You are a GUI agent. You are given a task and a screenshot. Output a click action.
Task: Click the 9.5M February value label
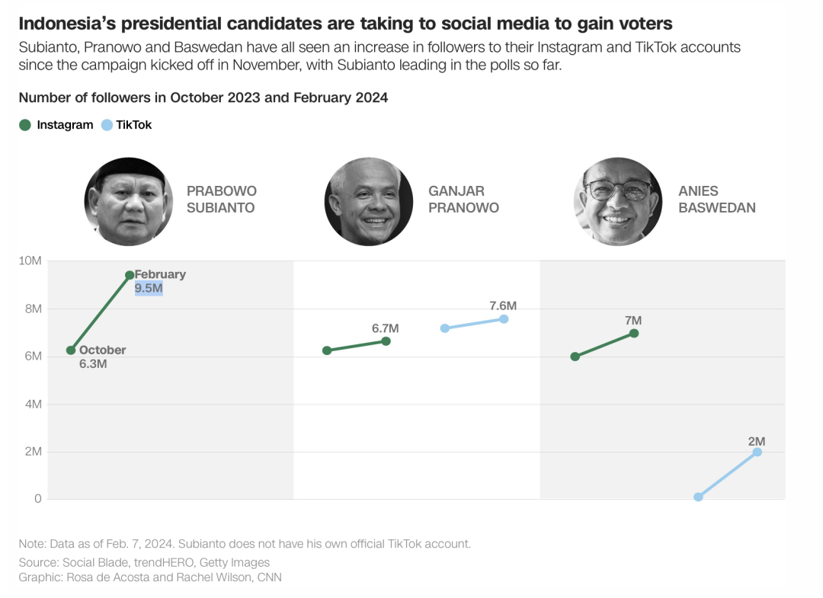click(x=149, y=289)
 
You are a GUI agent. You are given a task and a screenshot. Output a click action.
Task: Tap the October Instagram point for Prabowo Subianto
click(x=71, y=350)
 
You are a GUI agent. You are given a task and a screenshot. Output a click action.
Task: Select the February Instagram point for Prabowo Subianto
click(x=130, y=275)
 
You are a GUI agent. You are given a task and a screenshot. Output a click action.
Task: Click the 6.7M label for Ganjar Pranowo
click(x=385, y=328)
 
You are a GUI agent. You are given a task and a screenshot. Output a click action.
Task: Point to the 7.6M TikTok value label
click(x=503, y=306)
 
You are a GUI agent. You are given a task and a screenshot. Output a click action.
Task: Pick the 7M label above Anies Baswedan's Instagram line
click(x=633, y=321)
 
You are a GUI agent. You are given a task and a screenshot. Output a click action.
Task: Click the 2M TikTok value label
click(x=756, y=441)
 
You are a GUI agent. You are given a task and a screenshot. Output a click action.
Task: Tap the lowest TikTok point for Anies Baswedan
click(x=698, y=497)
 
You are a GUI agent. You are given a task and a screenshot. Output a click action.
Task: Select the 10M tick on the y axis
click(x=30, y=261)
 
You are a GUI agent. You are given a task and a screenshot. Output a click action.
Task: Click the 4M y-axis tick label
click(x=31, y=405)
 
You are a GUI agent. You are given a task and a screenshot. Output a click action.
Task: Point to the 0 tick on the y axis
click(x=37, y=500)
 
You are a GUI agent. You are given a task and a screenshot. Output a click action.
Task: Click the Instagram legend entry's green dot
click(x=25, y=125)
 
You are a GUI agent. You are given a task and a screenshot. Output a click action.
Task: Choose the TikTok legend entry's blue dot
click(x=107, y=125)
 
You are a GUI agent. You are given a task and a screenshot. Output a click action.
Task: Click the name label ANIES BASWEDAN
click(x=716, y=200)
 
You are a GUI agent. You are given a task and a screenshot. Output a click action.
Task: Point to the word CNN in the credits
click(x=268, y=577)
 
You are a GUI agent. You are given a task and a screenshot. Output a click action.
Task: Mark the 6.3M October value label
click(x=93, y=364)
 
